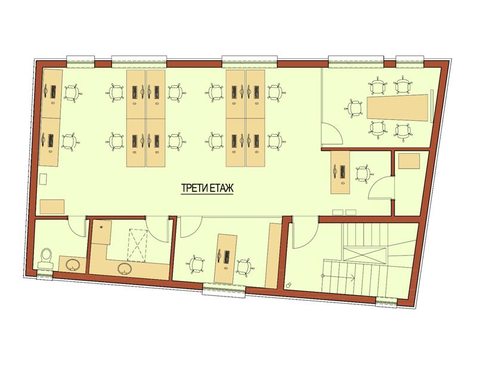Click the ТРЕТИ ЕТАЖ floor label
[x=207, y=188]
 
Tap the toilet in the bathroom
[x=47, y=258]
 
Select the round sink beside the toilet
[x=73, y=264]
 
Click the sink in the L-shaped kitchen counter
[x=125, y=269]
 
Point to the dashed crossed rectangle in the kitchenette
[x=138, y=245]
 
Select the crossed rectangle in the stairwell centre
[x=365, y=254]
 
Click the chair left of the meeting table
[x=354, y=108]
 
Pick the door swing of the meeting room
[x=332, y=134]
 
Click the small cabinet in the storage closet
[x=409, y=161]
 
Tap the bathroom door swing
[x=76, y=226]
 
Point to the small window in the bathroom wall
[x=44, y=276]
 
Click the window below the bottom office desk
[x=224, y=289]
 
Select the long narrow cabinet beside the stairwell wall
[x=272, y=255]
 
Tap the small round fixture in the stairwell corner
[x=289, y=285]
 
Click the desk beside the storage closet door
[x=340, y=172]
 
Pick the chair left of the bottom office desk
[x=196, y=265]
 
